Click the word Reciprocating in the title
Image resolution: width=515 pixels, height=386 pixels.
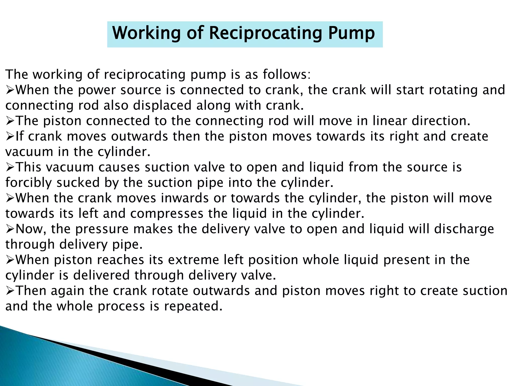265,34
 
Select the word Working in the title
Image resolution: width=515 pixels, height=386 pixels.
147,34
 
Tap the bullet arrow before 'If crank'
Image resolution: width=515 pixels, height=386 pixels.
10,137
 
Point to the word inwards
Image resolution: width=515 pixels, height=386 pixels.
185,198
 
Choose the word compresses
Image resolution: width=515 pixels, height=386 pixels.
167,214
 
